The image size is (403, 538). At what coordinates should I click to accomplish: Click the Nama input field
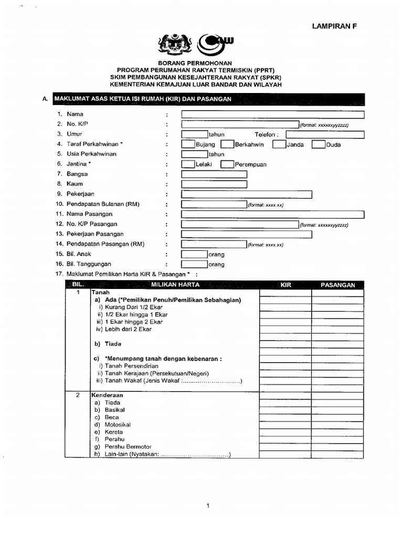click(272, 115)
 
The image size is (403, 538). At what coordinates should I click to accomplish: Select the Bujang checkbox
click(188, 144)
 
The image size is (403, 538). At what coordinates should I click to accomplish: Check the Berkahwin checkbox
click(227, 144)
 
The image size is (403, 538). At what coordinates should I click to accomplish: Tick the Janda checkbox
click(279, 144)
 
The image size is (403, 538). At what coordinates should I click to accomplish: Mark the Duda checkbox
click(319, 144)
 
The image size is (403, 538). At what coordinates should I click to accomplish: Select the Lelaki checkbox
click(188, 164)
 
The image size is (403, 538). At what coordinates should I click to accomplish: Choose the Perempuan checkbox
click(227, 164)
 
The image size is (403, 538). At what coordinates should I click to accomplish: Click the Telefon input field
click(325, 134)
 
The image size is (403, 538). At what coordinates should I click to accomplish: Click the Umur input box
click(194, 134)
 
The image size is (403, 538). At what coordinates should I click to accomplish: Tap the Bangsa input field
click(214, 174)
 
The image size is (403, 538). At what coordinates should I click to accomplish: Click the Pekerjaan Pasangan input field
click(247, 234)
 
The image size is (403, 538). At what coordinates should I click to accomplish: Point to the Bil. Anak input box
click(194, 254)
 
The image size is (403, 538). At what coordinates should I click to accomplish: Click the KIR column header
click(285, 285)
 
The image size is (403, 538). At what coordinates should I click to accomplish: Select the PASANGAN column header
click(338, 285)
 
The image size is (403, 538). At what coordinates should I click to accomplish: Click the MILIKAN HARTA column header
click(174, 285)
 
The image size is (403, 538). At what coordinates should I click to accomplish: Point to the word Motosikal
click(118, 425)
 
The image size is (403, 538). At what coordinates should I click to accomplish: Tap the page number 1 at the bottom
click(208, 506)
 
